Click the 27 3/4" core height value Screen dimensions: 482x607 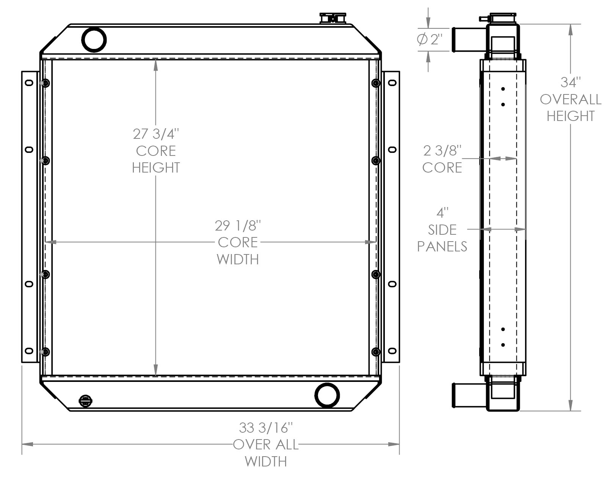pos(155,134)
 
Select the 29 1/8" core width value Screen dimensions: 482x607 pos(238,226)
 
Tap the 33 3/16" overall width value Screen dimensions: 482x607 pos(266,428)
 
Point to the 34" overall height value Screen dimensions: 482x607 pos(571,82)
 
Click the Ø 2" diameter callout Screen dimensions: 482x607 pos(430,39)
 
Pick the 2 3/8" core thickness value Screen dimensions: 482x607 pos(442,151)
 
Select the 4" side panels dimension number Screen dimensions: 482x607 pos(442,213)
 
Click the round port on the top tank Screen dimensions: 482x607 pos(94,39)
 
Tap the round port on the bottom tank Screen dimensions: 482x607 pos(327,395)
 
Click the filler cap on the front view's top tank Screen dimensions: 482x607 pos(333,18)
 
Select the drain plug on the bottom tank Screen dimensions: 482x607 pos(85,400)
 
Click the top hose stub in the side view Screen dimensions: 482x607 pos(469,39)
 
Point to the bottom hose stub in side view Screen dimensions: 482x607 pos(469,395)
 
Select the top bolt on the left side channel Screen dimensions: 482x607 pos(45,83)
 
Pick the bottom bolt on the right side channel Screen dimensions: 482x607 pos(376,352)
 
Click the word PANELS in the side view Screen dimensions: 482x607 pos(442,246)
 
